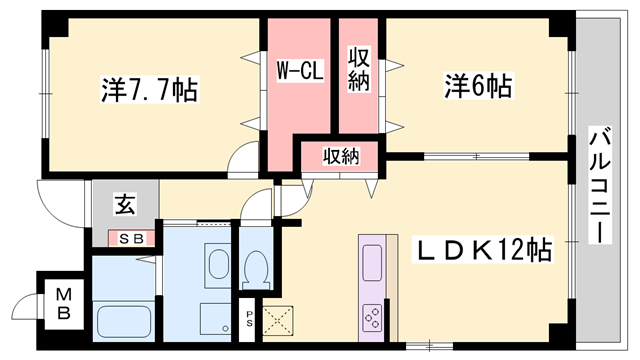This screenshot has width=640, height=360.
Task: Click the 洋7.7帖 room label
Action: [x=148, y=91]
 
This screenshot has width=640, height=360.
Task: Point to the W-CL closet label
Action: [x=299, y=71]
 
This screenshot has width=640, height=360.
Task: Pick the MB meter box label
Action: [x=63, y=303]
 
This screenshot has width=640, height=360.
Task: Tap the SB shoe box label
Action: [x=132, y=238]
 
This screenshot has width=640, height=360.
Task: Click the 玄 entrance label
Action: [x=123, y=206]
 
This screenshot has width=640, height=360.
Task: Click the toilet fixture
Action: [x=255, y=268]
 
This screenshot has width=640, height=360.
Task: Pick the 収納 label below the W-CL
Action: [x=340, y=155]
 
